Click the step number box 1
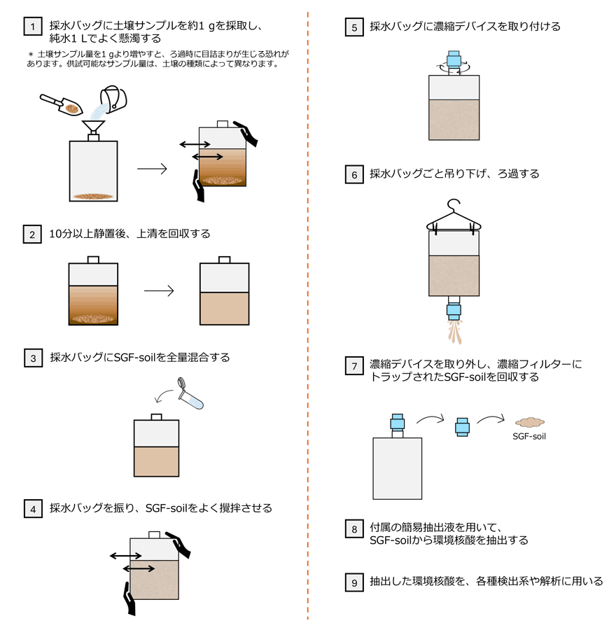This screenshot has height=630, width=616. [32, 27]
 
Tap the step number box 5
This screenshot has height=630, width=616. [354, 27]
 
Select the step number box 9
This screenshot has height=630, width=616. [354, 582]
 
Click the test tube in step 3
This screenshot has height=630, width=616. [191, 394]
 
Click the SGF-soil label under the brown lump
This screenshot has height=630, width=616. [529, 436]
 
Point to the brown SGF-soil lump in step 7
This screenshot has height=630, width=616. [530, 421]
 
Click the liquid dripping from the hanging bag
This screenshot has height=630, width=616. [455, 331]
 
